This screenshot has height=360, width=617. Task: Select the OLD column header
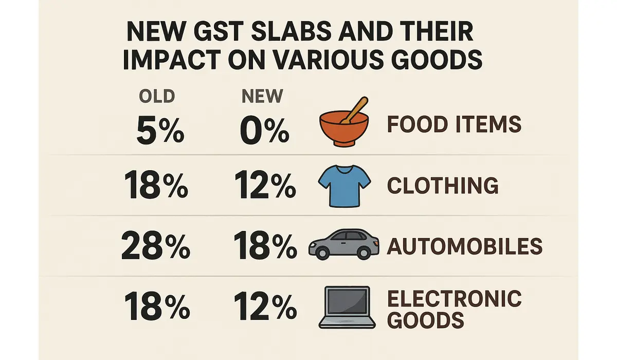(x=157, y=96)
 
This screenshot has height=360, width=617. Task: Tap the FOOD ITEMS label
(x=454, y=124)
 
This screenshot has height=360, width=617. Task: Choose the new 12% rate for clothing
(x=264, y=186)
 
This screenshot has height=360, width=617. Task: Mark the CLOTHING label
(x=442, y=186)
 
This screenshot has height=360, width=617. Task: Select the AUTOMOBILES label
(x=464, y=246)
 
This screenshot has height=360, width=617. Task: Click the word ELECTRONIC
(x=454, y=298)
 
